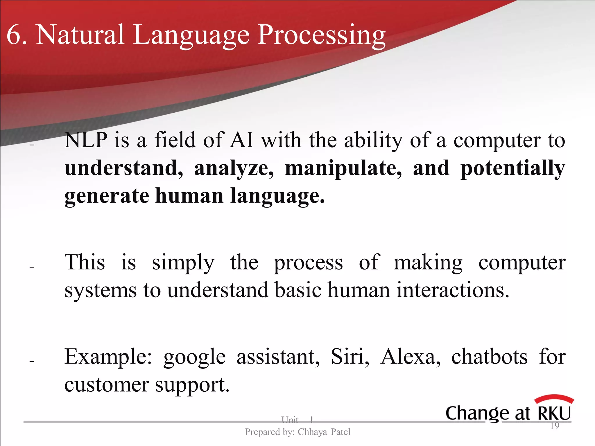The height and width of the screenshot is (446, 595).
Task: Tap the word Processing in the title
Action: pos(322,36)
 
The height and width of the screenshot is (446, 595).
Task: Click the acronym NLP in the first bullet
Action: pos(86,141)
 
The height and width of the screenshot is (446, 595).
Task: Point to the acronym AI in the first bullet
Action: pos(241,141)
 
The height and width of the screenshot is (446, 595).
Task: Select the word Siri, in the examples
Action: pos(350,357)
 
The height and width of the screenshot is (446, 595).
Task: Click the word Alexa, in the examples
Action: pos(410,357)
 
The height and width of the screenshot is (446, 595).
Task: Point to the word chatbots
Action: pos(489,357)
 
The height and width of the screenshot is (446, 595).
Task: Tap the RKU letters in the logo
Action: pos(554,413)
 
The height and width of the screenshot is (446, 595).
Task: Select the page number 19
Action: pos(555,426)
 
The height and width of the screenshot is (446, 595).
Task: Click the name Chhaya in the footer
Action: pos(312,432)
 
